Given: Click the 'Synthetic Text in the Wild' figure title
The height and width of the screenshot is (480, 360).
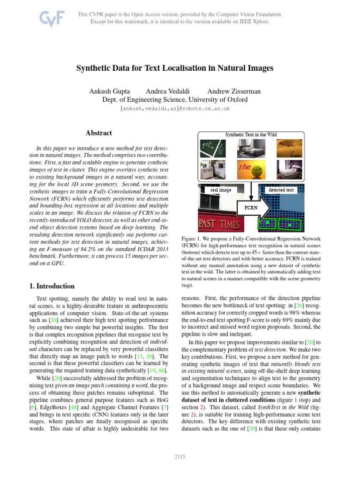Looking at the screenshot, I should pos(251,134).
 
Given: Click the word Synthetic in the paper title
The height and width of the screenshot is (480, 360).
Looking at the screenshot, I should pos(95,68).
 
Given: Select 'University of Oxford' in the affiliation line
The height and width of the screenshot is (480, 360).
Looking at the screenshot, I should pos(221,99).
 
